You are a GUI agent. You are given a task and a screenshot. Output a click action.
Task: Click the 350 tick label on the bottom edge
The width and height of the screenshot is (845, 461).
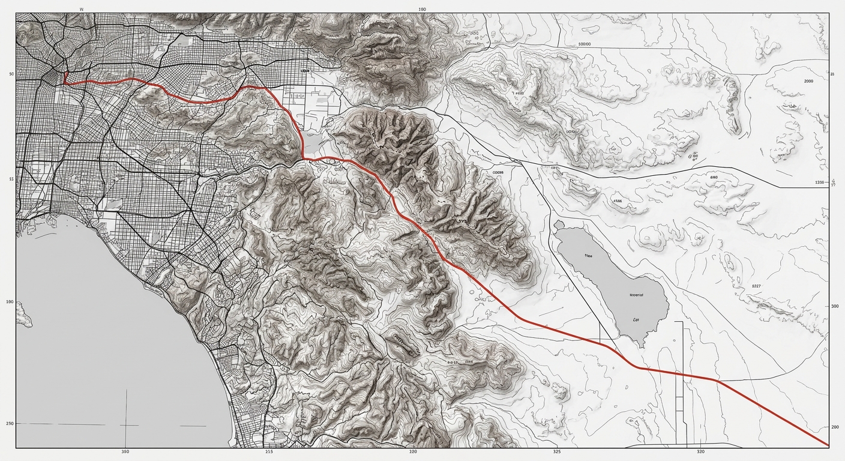pos(125,451)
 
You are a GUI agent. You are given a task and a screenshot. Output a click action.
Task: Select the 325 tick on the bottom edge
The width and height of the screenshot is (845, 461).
pos(556,451)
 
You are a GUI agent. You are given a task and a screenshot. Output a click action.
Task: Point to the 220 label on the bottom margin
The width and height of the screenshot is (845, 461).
pos(413,451)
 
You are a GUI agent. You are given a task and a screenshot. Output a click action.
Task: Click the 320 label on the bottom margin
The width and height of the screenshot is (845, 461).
pos(701,451)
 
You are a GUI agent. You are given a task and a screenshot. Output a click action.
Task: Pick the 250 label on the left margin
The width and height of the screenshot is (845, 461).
pos(10,424)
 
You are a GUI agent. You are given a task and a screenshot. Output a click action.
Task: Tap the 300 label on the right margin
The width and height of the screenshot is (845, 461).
pos(834,306)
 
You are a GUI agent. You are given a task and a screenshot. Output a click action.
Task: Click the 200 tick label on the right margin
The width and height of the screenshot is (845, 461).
pos(835,426)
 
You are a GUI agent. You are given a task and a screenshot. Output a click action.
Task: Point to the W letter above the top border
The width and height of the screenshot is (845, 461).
pos(81,10)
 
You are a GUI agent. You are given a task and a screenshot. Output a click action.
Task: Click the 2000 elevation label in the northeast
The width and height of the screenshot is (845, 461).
pos(808,80)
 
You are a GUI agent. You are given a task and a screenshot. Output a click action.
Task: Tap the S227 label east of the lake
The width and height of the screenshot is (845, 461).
pos(756,286)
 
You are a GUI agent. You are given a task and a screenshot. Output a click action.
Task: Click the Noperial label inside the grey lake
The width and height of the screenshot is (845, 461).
pos(636,295)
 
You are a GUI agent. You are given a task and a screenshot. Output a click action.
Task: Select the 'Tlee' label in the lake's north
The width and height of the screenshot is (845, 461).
pos(588,256)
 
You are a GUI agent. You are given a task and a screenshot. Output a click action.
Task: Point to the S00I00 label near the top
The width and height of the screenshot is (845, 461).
pos(584,44)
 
